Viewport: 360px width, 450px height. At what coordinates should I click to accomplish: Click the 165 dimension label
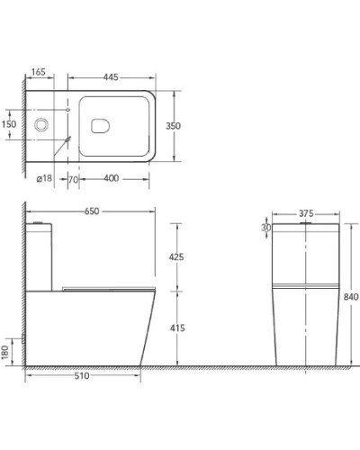coord(39,72)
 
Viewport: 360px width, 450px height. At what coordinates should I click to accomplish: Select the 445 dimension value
coord(111,77)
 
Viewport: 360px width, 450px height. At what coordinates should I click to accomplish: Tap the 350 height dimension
coord(174,126)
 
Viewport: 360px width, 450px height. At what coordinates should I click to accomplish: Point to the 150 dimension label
coord(9,124)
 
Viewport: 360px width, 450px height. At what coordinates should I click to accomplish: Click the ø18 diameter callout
coord(44,178)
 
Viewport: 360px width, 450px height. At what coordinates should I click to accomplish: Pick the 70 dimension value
coord(74,180)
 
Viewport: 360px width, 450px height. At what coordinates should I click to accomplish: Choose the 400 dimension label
coord(112,178)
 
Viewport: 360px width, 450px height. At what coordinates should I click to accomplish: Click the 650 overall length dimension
coord(92,211)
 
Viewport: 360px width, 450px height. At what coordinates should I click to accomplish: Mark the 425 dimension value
coord(176,257)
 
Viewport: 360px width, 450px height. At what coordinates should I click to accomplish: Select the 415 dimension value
coord(177,328)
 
